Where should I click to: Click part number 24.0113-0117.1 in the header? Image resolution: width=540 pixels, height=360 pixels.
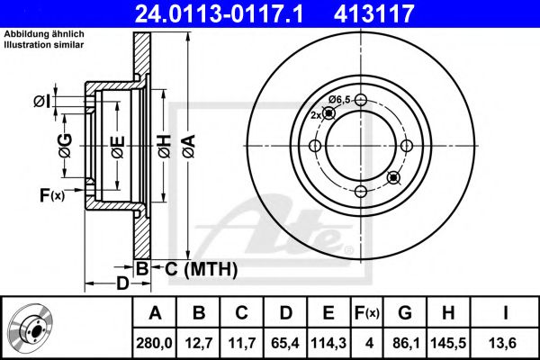(x=220, y=13)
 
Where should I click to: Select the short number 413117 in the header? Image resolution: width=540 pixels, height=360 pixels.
(x=373, y=13)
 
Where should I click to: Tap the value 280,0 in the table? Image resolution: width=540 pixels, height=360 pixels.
(x=154, y=343)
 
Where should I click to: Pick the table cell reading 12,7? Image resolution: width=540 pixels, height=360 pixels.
(x=199, y=343)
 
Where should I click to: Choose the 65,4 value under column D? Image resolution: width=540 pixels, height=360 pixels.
(x=285, y=343)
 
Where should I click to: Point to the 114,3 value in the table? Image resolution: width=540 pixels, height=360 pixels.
(x=328, y=343)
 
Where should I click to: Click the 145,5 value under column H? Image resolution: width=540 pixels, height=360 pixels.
(x=448, y=343)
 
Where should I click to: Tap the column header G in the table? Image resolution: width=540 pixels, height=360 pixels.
(x=405, y=313)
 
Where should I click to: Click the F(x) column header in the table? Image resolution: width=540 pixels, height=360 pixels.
(x=367, y=313)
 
